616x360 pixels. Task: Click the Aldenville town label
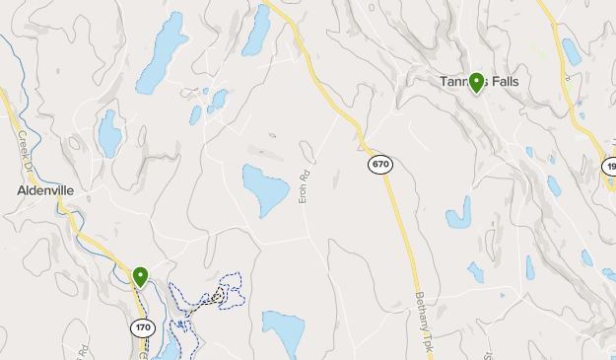[45, 189]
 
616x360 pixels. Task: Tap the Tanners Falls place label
[479, 82]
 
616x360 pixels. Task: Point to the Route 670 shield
[380, 164]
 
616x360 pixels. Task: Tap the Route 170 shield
[143, 326]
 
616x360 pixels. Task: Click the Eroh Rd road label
[305, 188]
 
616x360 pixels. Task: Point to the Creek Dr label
[21, 147]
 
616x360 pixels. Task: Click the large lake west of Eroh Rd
[264, 190]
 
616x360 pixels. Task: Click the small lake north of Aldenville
[108, 132]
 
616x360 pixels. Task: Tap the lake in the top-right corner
[571, 50]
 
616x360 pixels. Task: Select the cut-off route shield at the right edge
[609, 167]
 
